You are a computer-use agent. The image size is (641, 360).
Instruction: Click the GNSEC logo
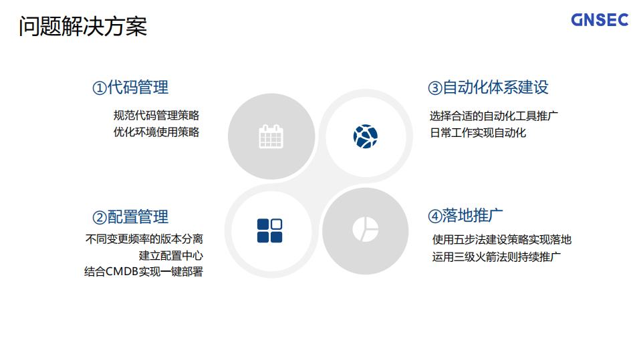[x=600, y=20]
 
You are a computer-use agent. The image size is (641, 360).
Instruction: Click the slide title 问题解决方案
[x=83, y=27]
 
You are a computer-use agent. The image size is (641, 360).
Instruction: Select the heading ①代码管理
[x=130, y=87]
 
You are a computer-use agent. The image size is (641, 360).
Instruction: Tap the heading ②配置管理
[x=130, y=217]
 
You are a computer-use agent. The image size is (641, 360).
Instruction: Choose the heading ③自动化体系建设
[x=488, y=87]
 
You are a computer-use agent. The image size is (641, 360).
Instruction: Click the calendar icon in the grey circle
[x=271, y=136]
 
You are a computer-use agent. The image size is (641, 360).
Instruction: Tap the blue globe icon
[x=365, y=136]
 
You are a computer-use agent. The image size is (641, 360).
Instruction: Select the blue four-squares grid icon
[x=269, y=230]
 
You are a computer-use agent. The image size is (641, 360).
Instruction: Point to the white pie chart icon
[x=365, y=230]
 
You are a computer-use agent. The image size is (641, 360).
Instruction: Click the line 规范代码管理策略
[x=156, y=116]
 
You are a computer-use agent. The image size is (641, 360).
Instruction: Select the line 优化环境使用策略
[x=156, y=132]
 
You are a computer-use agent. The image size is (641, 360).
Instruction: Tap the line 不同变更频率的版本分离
[x=144, y=238]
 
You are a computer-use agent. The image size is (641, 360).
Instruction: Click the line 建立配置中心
[x=171, y=255]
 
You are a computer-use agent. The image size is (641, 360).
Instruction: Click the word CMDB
[x=122, y=272]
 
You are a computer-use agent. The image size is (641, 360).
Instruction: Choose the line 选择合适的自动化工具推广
[x=494, y=116]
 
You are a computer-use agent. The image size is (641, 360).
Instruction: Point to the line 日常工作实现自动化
[x=477, y=132]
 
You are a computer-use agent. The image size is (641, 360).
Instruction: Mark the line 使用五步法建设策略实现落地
[x=501, y=240]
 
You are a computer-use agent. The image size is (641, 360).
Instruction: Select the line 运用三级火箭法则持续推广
[x=496, y=256]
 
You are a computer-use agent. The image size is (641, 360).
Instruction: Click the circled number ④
[x=434, y=216]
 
